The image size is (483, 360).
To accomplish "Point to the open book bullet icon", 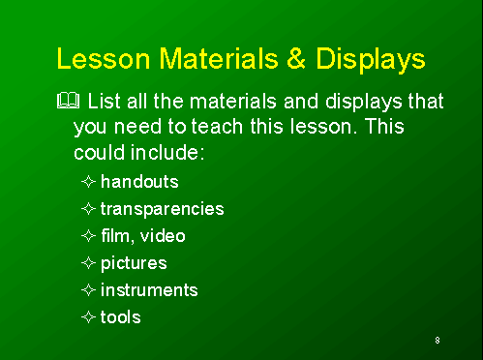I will click(x=68, y=101).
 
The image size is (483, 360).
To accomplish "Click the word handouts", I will click(x=139, y=181).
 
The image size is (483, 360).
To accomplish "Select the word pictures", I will click(x=134, y=262).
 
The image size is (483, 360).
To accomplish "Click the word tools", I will click(x=120, y=316).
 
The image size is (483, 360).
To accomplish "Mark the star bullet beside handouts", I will click(x=88, y=181).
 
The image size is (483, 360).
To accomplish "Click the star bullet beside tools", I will click(x=88, y=316).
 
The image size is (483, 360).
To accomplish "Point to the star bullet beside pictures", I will click(x=88, y=262).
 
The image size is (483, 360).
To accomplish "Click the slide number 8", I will click(x=438, y=340).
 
